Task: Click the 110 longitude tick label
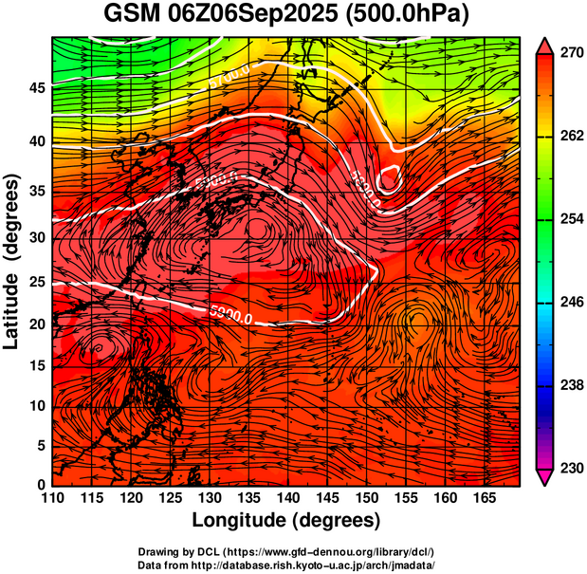[x=52, y=498]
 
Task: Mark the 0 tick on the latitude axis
[x=40, y=485]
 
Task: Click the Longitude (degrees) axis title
[x=286, y=521]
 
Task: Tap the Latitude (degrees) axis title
[x=12, y=261]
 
